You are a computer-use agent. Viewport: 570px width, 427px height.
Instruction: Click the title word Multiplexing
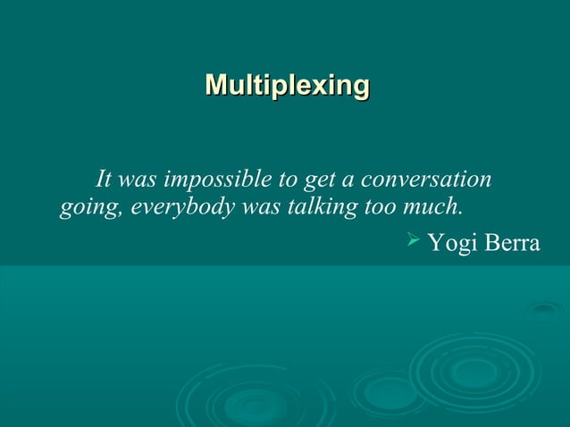[x=287, y=86]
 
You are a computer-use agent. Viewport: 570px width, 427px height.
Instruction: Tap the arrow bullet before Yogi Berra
[x=414, y=240]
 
